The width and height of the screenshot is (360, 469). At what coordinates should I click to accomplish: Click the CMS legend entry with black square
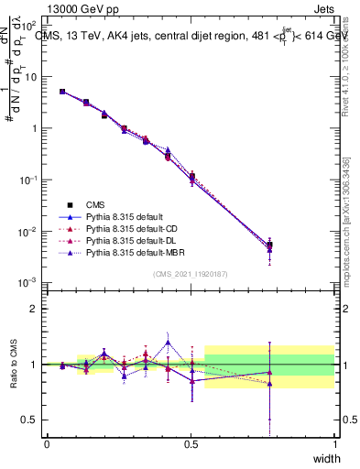pyautogui.click(x=95, y=204)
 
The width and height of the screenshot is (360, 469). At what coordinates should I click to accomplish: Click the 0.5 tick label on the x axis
pyautogui.click(x=191, y=443)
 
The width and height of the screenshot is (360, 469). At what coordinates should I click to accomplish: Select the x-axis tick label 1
pyautogui.click(x=334, y=443)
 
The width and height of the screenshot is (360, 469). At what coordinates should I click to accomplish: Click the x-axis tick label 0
pyautogui.click(x=47, y=443)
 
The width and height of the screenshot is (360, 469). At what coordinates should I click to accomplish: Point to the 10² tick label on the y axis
pyautogui.click(x=31, y=26)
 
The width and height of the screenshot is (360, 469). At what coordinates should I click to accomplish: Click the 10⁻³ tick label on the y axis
pyautogui.click(x=29, y=282)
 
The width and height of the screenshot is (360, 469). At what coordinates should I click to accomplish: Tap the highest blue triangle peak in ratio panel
pyautogui.click(x=168, y=343)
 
